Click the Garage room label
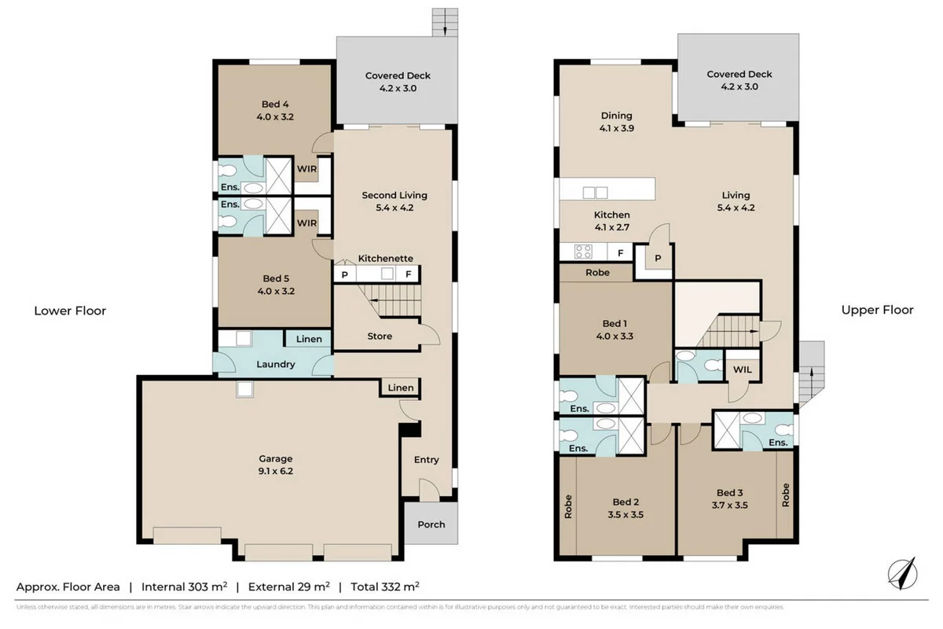[276, 458]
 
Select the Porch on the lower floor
[431, 524]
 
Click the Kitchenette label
[385, 258]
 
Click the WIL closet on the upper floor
[742, 370]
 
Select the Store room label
[380, 337]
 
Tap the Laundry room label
[276, 364]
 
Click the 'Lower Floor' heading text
[70, 311]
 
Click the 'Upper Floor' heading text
[877, 310]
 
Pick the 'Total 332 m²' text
[383, 587]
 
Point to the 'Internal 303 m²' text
[185, 587]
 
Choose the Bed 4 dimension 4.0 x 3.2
[276, 116]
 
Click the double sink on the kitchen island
[595, 193]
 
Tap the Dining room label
[615, 116]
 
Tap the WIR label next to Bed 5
[306, 223]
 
